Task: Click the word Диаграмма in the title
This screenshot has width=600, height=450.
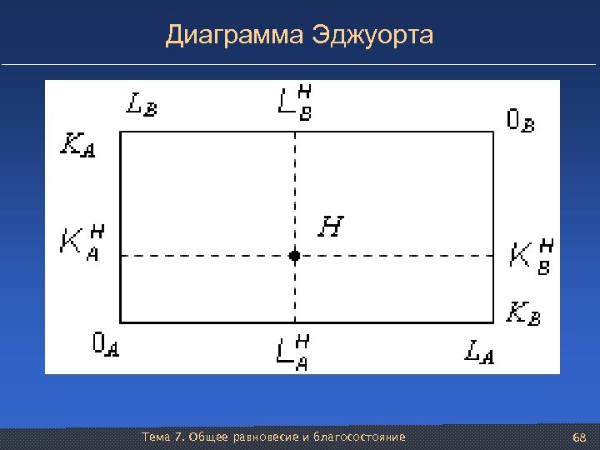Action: [234, 35]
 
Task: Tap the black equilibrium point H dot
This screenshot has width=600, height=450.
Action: [294, 256]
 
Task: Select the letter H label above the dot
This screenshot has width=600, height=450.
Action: [332, 226]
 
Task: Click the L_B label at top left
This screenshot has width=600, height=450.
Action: [141, 104]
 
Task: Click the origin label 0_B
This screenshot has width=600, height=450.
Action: [521, 121]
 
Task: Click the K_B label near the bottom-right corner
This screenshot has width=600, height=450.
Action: [524, 314]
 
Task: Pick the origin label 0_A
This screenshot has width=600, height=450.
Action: [106, 344]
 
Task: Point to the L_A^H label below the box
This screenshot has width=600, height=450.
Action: [294, 349]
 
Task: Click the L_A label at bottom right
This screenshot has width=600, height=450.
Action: [480, 352]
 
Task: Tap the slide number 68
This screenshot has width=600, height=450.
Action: [579, 438]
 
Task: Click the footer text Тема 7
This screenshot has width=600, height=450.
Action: [164, 437]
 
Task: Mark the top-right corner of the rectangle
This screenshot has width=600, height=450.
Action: [493, 132]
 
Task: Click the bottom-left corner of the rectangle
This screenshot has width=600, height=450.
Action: [121, 322]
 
